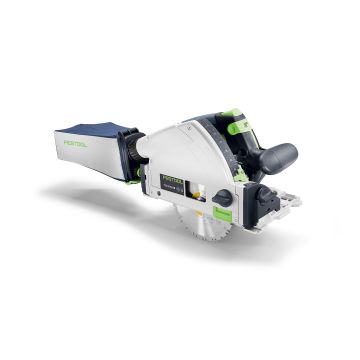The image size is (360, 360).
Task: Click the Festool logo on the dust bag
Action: click(x=74, y=143)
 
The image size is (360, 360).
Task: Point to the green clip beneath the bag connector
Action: click(x=133, y=181)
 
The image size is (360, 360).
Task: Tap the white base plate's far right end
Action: click(x=295, y=204)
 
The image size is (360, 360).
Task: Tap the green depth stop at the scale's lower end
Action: click(x=241, y=176)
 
